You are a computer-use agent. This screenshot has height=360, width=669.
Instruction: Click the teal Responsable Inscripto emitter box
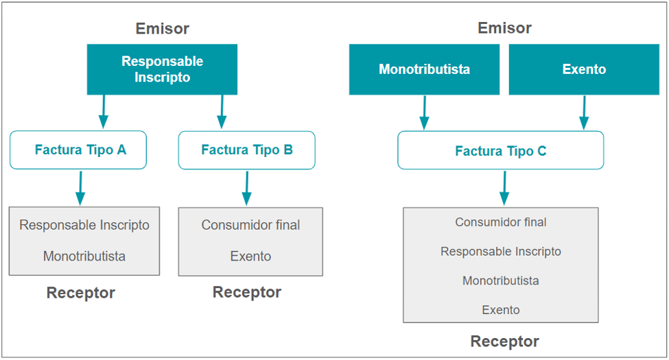pos(162,69)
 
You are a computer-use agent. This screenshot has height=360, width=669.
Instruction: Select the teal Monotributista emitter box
pos(424,69)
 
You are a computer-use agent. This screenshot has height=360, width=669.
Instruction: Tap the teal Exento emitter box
pos(584,69)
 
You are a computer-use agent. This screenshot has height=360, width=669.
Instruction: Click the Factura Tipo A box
pos(78,149)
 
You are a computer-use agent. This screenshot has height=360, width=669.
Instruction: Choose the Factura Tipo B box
pos(246,149)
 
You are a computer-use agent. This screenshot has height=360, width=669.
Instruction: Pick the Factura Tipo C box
pos(500,151)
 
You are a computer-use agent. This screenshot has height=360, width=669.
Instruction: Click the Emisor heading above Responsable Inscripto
pos(162,28)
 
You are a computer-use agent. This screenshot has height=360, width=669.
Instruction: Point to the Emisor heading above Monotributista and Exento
pos(504,28)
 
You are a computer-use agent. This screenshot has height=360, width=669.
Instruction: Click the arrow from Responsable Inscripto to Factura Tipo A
pos(103,112)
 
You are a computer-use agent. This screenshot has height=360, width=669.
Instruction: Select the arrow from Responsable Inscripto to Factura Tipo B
pos(221,112)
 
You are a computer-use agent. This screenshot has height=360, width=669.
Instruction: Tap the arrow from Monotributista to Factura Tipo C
pos(424,112)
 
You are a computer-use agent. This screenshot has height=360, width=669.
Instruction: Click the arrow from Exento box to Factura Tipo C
pos(584,112)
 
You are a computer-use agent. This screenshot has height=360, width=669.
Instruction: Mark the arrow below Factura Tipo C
pos(504,187)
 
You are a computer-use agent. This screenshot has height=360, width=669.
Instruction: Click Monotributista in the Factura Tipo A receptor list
pos(84,256)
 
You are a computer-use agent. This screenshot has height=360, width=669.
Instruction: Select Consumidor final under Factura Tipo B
pos(250,225)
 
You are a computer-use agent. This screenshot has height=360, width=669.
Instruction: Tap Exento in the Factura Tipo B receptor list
pos(250,256)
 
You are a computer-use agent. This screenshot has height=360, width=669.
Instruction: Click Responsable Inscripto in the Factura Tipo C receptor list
pos(500,252)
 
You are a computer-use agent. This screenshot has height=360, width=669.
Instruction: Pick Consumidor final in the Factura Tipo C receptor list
pos(500,222)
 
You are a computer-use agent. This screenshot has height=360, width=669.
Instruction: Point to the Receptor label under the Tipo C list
pos(504,341)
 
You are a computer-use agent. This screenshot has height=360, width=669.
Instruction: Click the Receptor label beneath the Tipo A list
pos(80,293)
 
